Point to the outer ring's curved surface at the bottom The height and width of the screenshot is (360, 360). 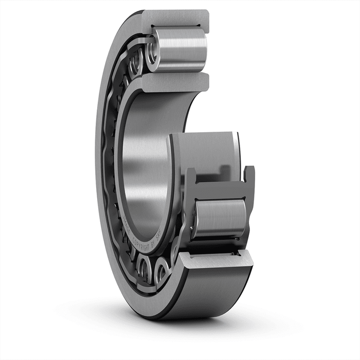click(206, 298)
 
